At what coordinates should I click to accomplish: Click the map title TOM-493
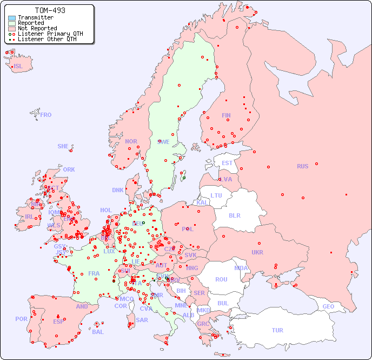[50, 10]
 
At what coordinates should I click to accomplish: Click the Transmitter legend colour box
[12, 18]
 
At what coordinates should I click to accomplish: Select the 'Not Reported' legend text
[37, 28]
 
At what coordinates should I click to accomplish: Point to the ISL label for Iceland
[18, 67]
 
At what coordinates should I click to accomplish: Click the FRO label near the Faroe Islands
[46, 115]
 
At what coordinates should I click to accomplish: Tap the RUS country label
[302, 166]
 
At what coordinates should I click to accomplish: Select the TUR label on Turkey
[277, 330]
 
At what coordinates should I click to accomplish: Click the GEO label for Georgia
[328, 306]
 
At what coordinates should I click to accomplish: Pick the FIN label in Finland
[226, 115]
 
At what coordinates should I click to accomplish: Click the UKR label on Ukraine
[257, 252]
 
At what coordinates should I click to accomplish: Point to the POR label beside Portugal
[21, 319]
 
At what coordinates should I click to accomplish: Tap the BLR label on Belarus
[235, 215]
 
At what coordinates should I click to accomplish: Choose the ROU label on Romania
[221, 279]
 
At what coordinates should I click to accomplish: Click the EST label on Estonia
[227, 163]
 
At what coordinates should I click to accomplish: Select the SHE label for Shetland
[63, 146]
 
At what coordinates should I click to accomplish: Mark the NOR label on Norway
[131, 141]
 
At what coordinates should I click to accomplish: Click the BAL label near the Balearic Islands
[98, 332]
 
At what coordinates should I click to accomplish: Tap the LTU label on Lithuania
[216, 195]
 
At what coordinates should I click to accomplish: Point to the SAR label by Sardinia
[142, 320]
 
